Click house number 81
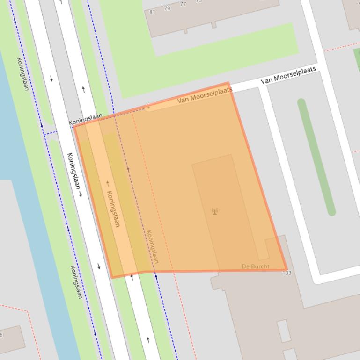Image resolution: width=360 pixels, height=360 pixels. tap(152, 12)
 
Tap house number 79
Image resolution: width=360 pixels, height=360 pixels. tap(168, 8)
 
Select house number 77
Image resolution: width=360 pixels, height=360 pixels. tap(183, 4)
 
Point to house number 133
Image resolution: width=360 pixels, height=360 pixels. tap(287, 273)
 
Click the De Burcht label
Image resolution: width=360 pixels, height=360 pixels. tap(256, 266)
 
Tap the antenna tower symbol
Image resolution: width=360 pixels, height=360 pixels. tap(215, 211)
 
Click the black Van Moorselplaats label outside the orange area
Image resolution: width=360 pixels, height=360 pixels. tap(288, 75)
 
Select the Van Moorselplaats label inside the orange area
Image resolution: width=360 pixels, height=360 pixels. tap(205, 95)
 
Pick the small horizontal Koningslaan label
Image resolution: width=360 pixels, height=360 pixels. tap(87, 119)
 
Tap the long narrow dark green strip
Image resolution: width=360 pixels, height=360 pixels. tap(316, 157)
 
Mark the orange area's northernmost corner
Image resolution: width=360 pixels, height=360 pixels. tap(228, 83)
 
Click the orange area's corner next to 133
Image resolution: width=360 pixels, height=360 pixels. tap(286, 269)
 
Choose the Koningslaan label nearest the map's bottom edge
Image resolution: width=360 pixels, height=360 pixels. tap(76, 282)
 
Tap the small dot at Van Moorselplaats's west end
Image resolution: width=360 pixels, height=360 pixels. tap(148, 107)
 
